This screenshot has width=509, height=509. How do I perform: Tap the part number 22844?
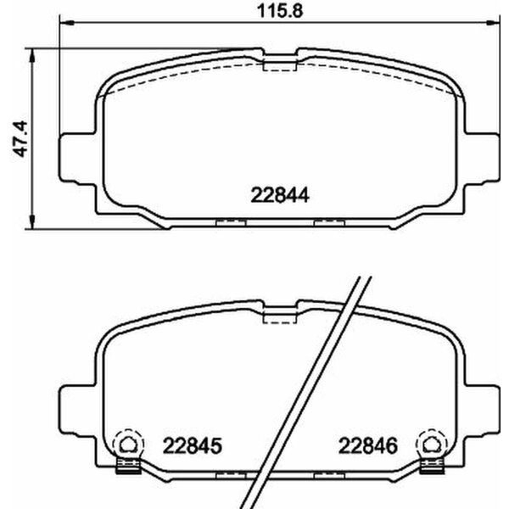click(x=277, y=193)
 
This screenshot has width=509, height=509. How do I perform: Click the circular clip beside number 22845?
click(x=127, y=442)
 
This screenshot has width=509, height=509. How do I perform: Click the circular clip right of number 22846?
click(x=433, y=442)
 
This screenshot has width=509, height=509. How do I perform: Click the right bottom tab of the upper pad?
click(x=327, y=224)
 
